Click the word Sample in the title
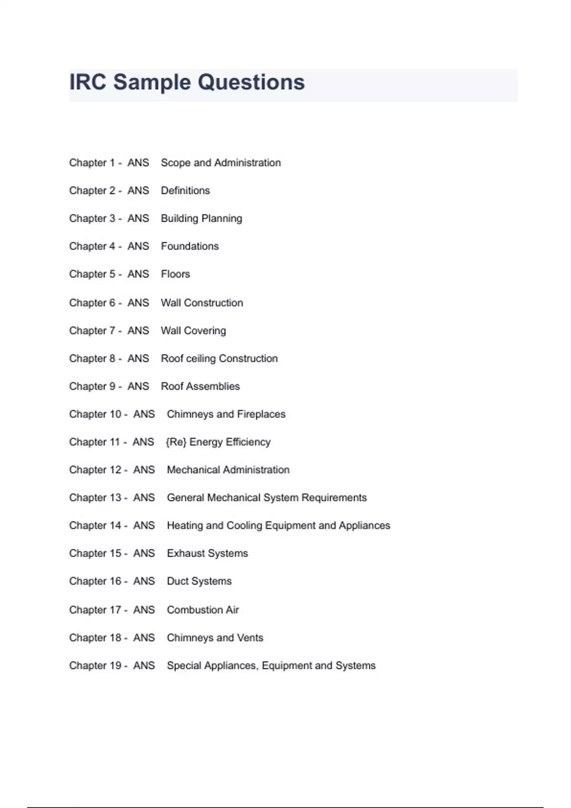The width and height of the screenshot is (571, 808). pyautogui.click(x=152, y=83)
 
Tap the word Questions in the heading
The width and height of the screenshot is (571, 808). pyautogui.click(x=251, y=83)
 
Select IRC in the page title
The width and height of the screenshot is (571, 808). pyautogui.click(x=88, y=83)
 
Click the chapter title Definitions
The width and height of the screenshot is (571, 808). pyautogui.click(x=185, y=191)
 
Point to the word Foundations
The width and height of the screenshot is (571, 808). pyautogui.click(x=190, y=246)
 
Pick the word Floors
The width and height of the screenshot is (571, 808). pyautogui.click(x=175, y=274)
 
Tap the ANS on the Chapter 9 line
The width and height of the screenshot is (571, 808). pyautogui.click(x=138, y=386)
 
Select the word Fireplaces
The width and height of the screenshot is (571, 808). pyautogui.click(x=261, y=414)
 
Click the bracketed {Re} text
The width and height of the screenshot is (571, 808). pyautogui.click(x=176, y=442)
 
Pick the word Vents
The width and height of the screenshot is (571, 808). pyautogui.click(x=250, y=638)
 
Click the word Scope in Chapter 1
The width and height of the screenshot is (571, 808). pyautogui.click(x=176, y=163)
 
